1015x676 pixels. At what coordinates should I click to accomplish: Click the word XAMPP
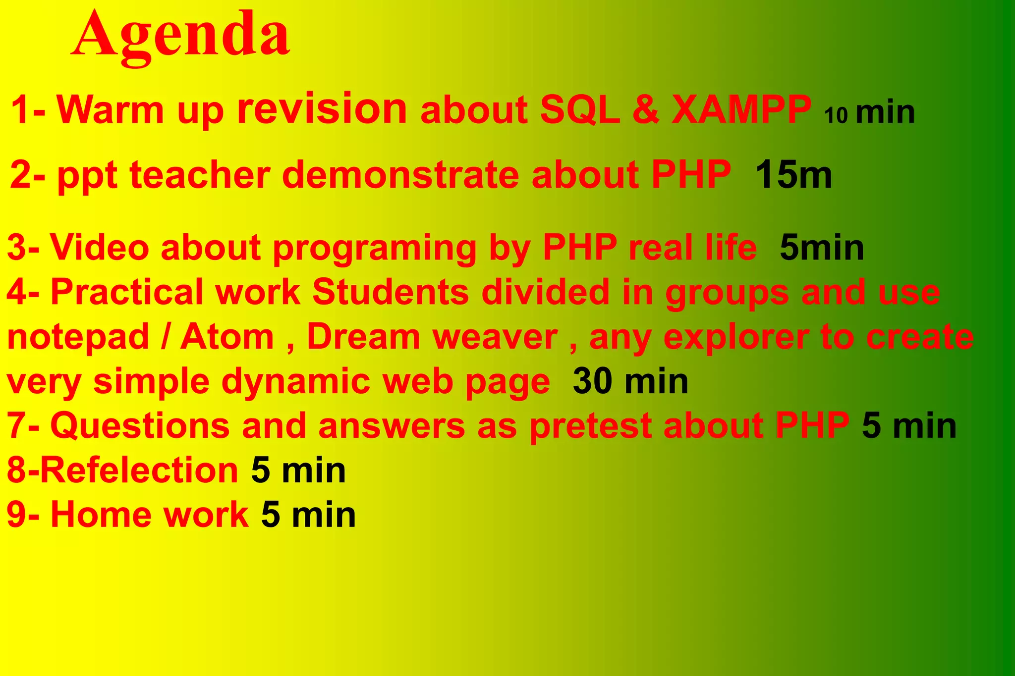click(741, 109)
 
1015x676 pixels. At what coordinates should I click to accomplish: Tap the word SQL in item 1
click(579, 109)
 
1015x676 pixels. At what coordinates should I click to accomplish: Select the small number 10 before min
click(836, 115)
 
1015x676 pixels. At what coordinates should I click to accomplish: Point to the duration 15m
click(793, 175)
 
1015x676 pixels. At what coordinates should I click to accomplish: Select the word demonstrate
click(400, 175)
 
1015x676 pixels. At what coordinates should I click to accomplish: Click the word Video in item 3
click(99, 247)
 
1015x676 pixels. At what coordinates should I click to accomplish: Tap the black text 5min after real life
click(821, 247)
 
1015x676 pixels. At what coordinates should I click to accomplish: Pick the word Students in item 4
click(390, 292)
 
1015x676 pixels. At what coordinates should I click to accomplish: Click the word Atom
click(226, 337)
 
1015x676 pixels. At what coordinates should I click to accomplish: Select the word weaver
click(495, 337)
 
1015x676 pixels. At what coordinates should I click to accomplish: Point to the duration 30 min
click(630, 381)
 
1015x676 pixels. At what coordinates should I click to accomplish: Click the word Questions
click(140, 426)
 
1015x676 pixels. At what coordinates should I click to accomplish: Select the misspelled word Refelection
click(139, 470)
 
